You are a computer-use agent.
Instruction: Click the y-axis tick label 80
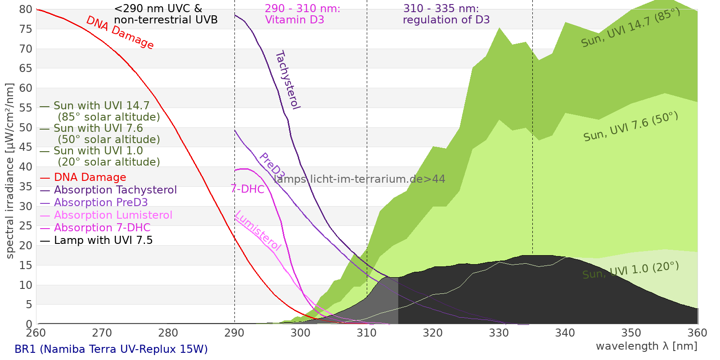tap(26, 9)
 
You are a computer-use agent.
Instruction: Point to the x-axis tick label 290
tap(234, 333)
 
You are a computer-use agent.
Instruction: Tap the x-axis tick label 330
tap(499, 333)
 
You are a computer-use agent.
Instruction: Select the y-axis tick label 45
tap(26, 147)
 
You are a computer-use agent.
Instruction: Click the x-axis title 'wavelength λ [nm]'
tap(646, 346)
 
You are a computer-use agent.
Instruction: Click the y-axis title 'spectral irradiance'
tap(10, 171)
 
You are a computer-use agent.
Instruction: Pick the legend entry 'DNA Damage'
tap(90, 177)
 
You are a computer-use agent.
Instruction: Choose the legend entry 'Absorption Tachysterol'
tap(115, 190)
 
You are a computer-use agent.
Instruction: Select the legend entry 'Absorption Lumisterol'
tap(113, 215)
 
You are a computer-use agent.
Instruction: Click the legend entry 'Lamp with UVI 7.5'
tap(103, 240)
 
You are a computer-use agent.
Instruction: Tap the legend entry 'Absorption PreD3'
tap(101, 202)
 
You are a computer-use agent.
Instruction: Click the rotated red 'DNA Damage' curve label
tap(120, 32)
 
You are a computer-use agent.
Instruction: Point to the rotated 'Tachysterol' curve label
tap(288, 80)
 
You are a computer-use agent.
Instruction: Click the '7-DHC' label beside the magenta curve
tap(247, 189)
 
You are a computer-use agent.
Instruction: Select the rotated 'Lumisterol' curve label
tap(258, 230)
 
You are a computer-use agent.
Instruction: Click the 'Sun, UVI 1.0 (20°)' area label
tap(630, 271)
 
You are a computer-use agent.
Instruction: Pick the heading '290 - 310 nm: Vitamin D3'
tap(302, 14)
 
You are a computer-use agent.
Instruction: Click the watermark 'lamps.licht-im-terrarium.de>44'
tap(359, 179)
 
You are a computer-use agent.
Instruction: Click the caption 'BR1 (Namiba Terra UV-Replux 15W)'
tap(111, 349)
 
